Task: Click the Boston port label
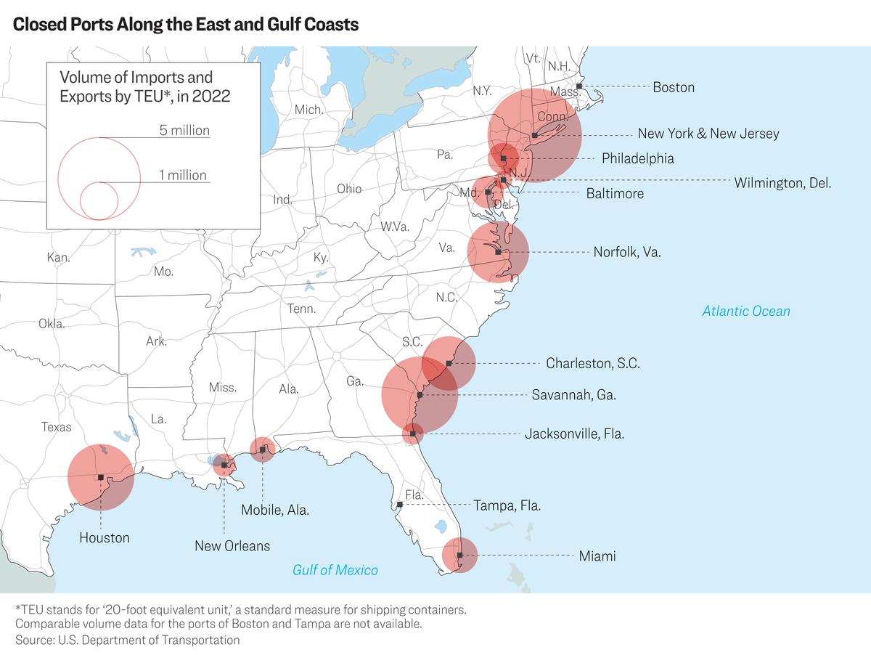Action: point(674,87)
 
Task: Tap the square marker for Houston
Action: point(101,477)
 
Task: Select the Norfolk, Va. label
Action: point(627,252)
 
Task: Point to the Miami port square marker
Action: point(459,555)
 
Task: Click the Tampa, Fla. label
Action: point(507,505)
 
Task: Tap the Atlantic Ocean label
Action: point(746,311)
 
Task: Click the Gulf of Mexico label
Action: point(335,570)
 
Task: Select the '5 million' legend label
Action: point(184,130)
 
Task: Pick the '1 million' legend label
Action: point(183,175)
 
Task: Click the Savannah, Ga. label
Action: point(574,395)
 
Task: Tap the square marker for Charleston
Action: point(449,363)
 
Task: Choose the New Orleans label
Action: point(232,546)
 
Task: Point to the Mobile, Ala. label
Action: point(275,510)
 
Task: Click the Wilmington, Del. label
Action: point(782,183)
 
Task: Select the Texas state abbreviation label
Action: point(57,427)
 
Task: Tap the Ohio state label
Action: point(349,189)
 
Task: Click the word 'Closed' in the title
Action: point(39,24)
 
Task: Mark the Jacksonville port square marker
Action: point(413,434)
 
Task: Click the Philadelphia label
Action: point(638,158)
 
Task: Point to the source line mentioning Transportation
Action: point(127,640)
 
